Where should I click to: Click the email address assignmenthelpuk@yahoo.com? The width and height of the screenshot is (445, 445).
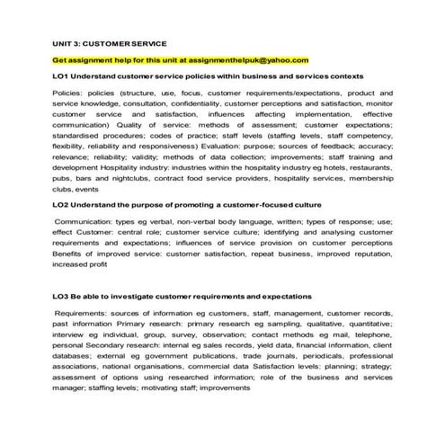tap(245, 60)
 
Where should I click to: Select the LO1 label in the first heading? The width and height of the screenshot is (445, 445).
tap(63, 76)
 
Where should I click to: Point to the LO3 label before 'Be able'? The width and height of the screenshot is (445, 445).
tap(63, 295)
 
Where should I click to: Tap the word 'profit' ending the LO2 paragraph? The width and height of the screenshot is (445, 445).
tap(117, 265)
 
